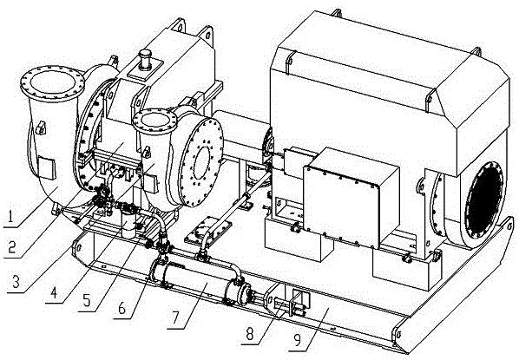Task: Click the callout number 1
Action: click(x=10, y=217)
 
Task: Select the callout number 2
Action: click(x=12, y=246)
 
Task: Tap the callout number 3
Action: click(x=16, y=281)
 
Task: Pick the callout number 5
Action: click(x=87, y=300)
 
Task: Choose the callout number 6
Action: click(x=122, y=308)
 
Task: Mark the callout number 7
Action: click(x=176, y=317)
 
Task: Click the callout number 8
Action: click(x=250, y=334)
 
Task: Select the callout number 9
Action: click(x=298, y=340)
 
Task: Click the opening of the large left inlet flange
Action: click(x=53, y=82)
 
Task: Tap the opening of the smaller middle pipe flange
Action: click(x=154, y=121)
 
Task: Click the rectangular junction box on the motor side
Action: click(x=351, y=198)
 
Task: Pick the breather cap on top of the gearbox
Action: click(x=145, y=60)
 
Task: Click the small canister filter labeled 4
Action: click(x=128, y=225)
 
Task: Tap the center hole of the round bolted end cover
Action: click(x=201, y=163)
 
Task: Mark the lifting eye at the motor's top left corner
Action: click(x=289, y=59)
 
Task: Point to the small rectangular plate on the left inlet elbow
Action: click(x=47, y=167)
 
